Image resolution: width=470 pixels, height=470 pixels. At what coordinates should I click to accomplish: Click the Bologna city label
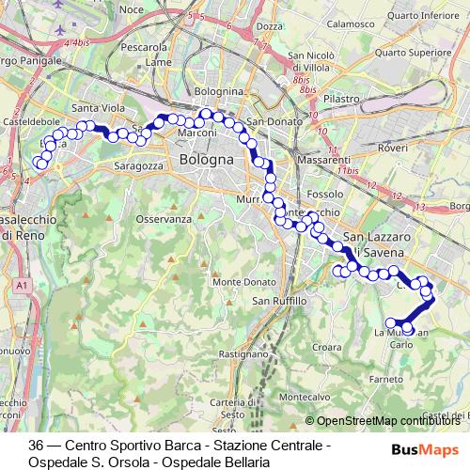coord(204,161)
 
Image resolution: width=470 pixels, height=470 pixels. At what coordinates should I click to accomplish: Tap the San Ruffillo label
coord(279,301)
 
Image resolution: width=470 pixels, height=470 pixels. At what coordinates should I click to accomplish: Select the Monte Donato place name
coord(245,282)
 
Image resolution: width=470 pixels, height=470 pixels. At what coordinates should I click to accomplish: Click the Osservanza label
coord(157,218)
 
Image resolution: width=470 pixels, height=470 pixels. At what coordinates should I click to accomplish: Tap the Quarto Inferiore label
coord(429,14)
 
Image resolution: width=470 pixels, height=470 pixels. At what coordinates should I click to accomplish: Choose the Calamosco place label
coord(352,24)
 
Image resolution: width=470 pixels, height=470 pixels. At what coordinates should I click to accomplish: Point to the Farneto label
coord(386,380)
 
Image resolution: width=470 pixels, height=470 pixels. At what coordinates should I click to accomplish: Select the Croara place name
coord(327,347)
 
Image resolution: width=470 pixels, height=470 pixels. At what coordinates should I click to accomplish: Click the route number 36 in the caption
coord(37,445)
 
